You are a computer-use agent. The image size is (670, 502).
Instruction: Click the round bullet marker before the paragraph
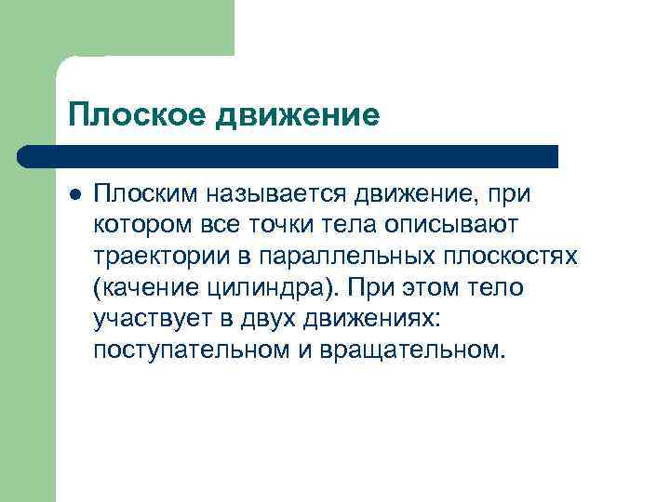pyautogui.click(x=75, y=193)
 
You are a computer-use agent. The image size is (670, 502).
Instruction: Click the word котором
pyautogui.click(x=139, y=225)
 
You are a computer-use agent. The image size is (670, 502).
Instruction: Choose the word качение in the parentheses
pyautogui.click(x=150, y=288)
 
